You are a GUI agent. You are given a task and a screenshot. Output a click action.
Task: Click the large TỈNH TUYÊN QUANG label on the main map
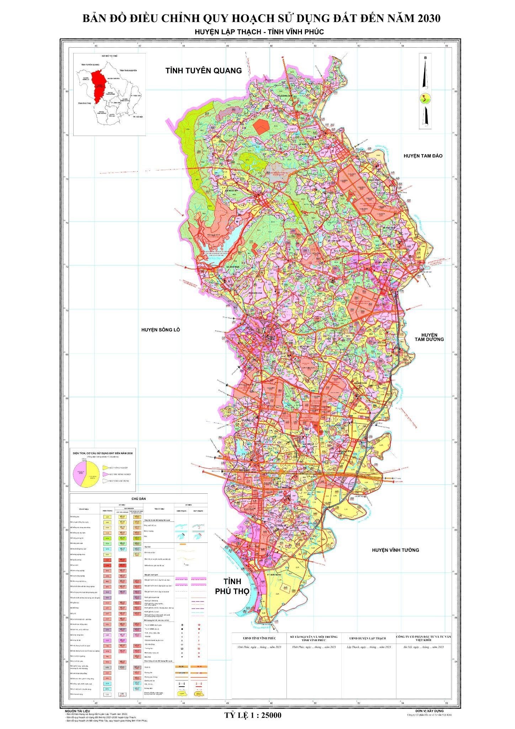click(203, 70)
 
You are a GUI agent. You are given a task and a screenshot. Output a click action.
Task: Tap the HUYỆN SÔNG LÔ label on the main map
click(160, 330)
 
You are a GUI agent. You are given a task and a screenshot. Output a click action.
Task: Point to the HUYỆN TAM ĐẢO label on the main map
click(423, 156)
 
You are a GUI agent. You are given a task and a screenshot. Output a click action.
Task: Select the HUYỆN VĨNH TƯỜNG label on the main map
click(395, 550)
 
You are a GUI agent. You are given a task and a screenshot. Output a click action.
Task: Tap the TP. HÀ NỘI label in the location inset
click(137, 117)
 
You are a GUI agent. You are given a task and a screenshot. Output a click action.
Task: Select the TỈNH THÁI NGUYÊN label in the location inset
click(128, 71)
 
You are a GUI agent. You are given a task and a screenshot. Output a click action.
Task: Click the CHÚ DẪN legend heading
click(138, 499)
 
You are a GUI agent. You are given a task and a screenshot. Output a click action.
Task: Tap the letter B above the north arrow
click(425, 57)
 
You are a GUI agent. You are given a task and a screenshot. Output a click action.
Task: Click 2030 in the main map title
click(425, 18)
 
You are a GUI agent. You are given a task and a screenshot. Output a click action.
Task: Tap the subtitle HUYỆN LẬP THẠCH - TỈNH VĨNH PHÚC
click(259, 32)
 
